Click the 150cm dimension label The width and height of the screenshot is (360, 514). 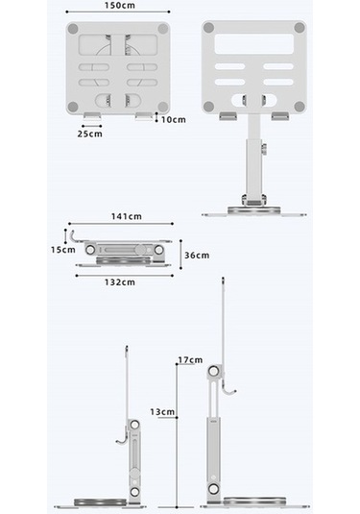point(120,5)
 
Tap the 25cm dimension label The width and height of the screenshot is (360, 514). point(89,134)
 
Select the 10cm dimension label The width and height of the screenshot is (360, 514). point(174,120)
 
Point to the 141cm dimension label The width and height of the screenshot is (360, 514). point(127,216)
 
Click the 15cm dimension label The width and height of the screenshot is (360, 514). point(63,250)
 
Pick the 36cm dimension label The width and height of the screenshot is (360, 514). point(197,256)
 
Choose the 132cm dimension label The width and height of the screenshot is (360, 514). point(120,282)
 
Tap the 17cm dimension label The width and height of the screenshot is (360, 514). point(190,360)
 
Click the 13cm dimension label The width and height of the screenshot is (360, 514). point(162,412)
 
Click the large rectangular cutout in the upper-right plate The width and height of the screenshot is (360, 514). point(254,44)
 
